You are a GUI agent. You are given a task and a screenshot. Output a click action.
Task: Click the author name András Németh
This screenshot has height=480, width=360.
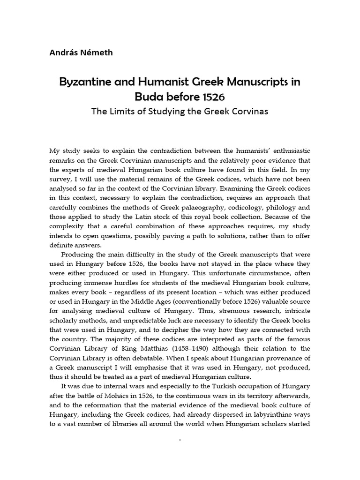81,52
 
